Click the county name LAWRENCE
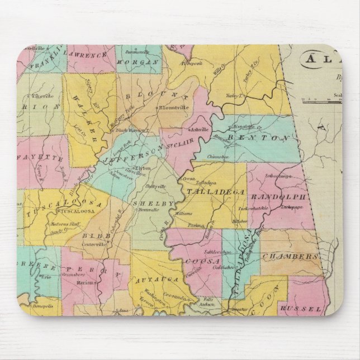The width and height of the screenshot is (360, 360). click(x=87, y=55)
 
